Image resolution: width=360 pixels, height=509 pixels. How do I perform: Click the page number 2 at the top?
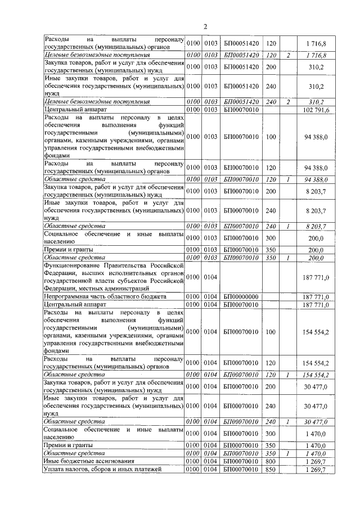[x=205, y=26]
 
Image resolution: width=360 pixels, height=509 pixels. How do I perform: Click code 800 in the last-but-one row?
[x=271, y=461]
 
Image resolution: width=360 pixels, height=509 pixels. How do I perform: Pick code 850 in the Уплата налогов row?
[x=271, y=469]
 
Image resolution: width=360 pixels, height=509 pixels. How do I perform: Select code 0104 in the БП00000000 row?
[x=210, y=296]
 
